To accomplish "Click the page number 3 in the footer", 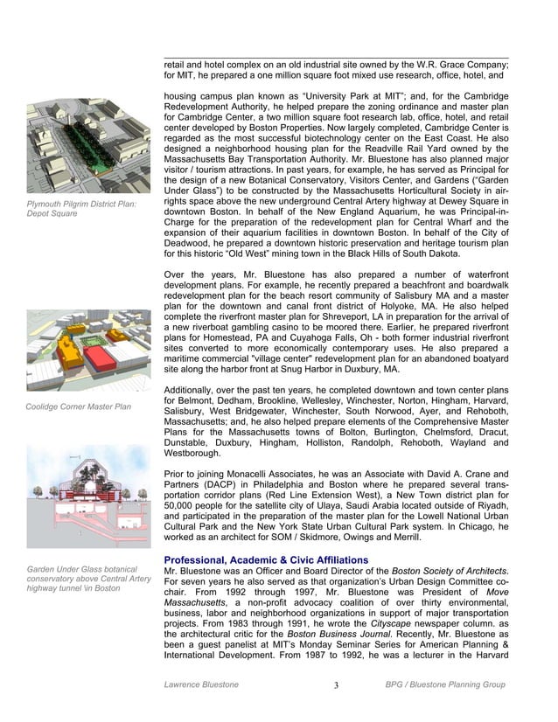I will coord(336,684).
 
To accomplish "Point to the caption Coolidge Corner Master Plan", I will coord(78,406).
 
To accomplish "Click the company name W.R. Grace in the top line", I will coord(429,65).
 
